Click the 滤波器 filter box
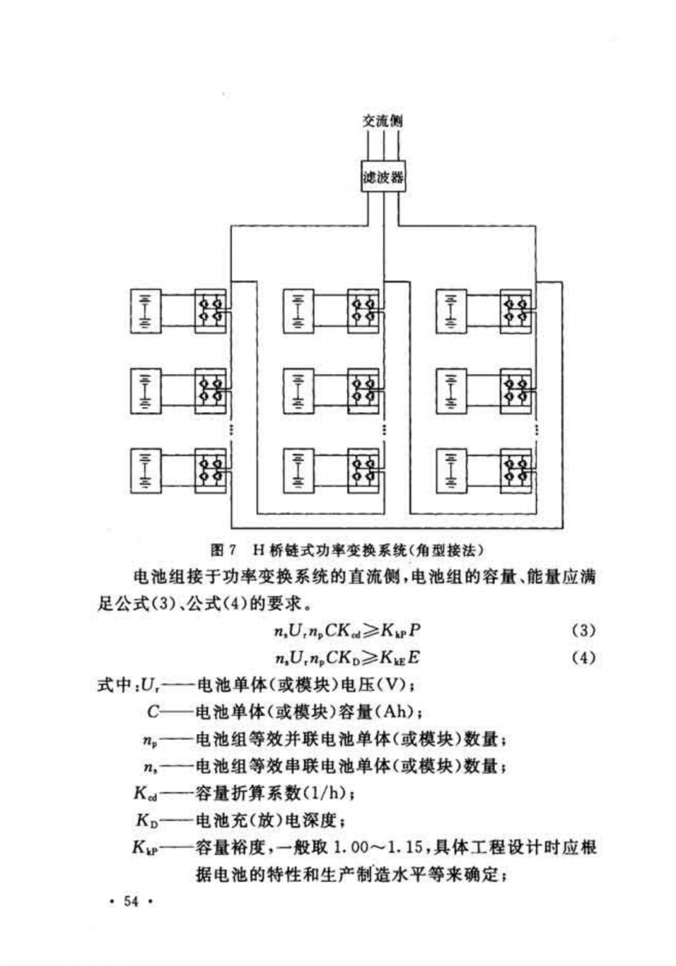click(383, 177)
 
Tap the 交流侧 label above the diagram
click(383, 121)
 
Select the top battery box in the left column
click(145, 311)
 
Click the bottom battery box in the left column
click(145, 469)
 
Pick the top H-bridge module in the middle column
click(364, 311)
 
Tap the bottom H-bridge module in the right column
click(516, 469)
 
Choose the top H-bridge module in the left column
click(211, 311)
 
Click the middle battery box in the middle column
click(298, 390)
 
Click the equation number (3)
click(583, 630)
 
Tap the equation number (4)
click(583, 658)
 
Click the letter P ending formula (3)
click(414, 630)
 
